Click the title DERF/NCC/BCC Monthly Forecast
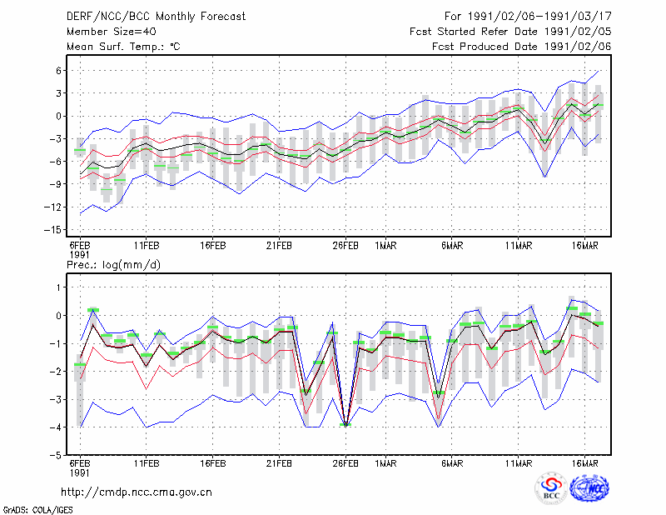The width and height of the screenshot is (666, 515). tap(156, 17)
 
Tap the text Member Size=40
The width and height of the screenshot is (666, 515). tap(112, 32)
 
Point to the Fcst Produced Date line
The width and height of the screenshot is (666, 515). tap(521, 47)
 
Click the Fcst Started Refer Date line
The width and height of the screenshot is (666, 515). tap(510, 32)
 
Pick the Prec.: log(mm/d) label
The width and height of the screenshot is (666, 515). tap(113, 265)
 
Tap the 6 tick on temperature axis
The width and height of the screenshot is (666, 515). tap(58, 71)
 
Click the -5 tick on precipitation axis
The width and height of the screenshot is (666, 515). tap(55, 455)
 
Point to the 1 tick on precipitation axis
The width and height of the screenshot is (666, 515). tap(59, 287)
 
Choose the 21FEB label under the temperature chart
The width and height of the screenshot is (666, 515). tap(279, 245)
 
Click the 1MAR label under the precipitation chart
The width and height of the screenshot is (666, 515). tap(385, 463)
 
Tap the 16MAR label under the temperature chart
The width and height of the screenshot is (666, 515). tap(584, 245)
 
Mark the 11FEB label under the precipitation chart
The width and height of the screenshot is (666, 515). tap(147, 463)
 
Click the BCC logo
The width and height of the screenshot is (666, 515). tap(551, 487)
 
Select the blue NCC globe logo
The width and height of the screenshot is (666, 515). tap(589, 487)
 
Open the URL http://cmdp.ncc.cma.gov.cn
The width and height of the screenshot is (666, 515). tap(137, 492)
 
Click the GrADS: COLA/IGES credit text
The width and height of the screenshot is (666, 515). tap(37, 510)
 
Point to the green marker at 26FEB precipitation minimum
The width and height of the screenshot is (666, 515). tap(345, 424)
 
